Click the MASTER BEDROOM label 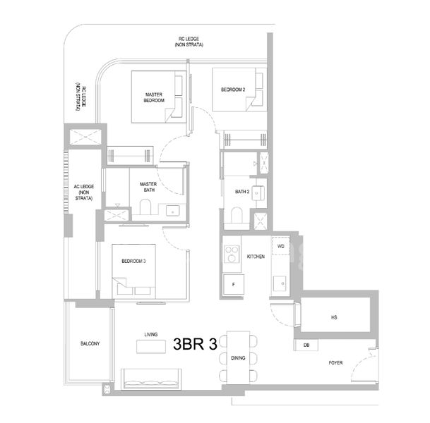click(x=155, y=97)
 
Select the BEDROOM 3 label click(x=133, y=262)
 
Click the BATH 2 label click(x=243, y=191)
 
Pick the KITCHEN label click(x=256, y=257)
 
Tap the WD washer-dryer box click(x=281, y=247)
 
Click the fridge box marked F click(x=233, y=284)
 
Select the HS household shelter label click(x=334, y=318)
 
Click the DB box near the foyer click(x=306, y=345)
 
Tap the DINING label click(x=238, y=358)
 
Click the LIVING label click(x=150, y=335)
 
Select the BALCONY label click(x=90, y=343)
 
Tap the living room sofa click(x=151, y=379)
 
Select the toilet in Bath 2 click(x=237, y=214)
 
